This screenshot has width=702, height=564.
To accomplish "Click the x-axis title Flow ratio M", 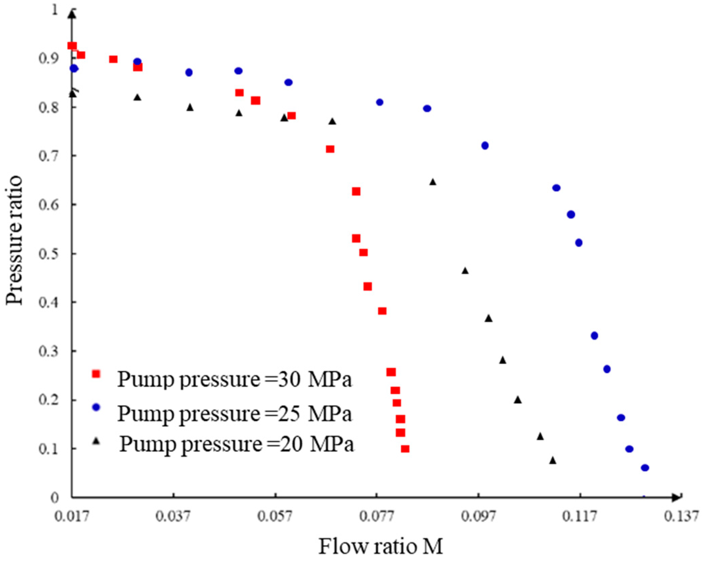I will (380, 546).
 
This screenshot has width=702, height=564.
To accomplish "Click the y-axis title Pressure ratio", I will (14, 240).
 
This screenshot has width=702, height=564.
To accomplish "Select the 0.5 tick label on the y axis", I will (49, 254).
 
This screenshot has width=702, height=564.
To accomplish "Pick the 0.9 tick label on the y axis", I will (49, 58).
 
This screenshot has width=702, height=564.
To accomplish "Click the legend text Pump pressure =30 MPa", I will (234, 379).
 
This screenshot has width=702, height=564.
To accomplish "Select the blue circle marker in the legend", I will (96, 407).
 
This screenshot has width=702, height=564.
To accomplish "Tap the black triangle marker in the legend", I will (97, 441).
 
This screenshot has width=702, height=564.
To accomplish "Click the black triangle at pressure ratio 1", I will (72, 15).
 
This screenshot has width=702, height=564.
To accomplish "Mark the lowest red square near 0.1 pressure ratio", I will (405, 449).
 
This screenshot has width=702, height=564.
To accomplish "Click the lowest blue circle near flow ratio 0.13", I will (645, 468).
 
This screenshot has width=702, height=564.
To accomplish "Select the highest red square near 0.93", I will (72, 46).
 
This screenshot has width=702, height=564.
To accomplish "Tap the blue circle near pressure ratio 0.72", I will (485, 146).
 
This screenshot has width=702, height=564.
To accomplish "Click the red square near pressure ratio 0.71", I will (330, 149).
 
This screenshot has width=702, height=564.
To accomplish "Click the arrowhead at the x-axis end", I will (677, 497).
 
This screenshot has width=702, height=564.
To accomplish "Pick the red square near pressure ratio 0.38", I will (382, 311).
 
